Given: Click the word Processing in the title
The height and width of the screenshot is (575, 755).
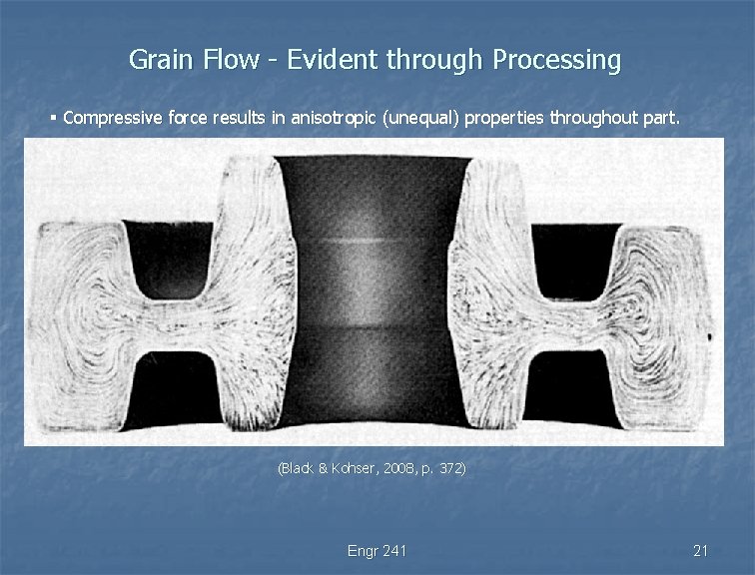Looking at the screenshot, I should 554,61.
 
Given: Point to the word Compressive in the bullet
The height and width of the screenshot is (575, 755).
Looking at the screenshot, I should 111,118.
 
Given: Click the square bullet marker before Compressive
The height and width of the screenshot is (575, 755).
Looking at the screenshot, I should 53,118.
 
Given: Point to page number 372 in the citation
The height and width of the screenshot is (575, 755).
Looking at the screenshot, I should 449,467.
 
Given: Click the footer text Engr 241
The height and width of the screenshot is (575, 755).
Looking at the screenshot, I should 377,551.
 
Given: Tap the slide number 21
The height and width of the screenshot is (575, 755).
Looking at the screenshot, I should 700,551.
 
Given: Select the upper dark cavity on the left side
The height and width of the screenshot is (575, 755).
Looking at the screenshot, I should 172,255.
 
